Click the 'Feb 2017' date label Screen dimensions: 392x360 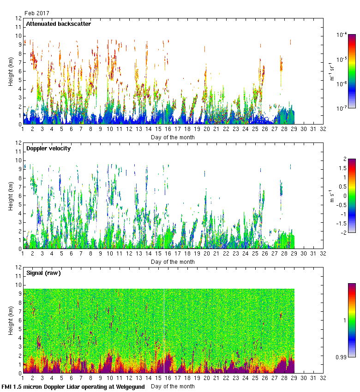[37, 13]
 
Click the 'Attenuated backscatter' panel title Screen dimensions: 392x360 [58, 24]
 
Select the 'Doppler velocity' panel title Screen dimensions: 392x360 [48, 148]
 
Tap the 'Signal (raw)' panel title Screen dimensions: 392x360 [43, 273]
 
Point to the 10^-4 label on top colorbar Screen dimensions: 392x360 [342, 35]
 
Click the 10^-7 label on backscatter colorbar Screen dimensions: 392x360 [342, 108]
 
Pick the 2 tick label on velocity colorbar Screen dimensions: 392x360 [344, 160]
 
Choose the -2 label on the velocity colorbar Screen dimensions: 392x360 [343, 232]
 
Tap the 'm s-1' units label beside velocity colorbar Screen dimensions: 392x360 [332, 196]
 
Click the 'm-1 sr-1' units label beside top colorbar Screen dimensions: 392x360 [332, 71]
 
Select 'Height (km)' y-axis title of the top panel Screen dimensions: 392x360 [11, 71]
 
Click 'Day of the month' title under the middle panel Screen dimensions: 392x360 [173, 262]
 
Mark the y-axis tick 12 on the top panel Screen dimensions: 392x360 [18, 18]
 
